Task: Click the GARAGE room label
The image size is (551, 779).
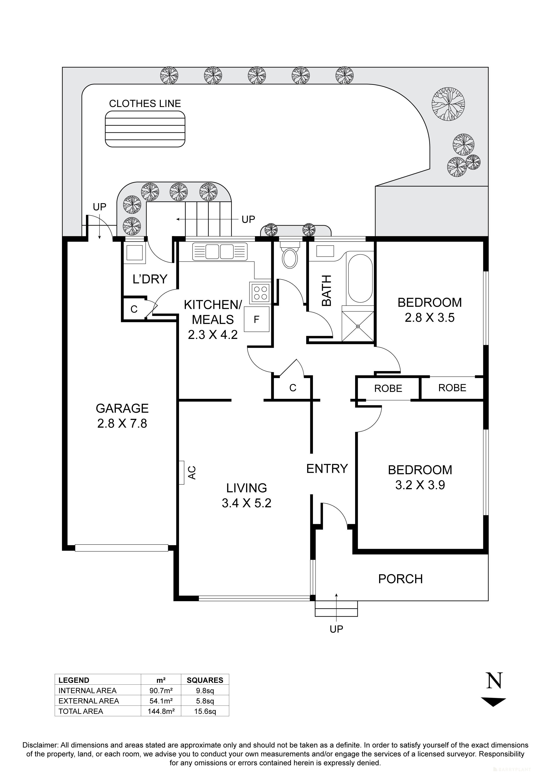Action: tap(122, 408)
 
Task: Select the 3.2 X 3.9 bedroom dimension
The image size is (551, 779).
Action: tap(420, 485)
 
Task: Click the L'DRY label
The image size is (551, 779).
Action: tap(150, 279)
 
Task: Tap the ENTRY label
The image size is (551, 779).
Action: tap(327, 469)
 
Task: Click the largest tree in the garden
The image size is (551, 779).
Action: tap(448, 104)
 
